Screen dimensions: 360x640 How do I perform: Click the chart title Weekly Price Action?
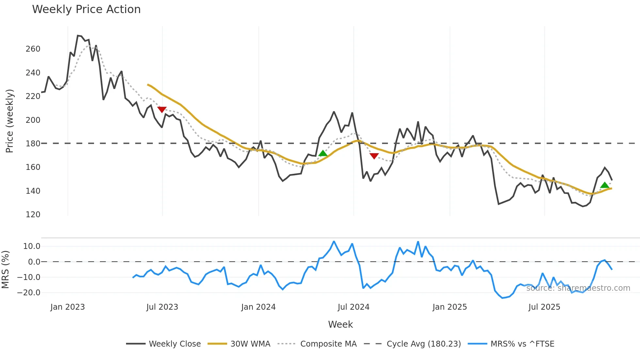(x=86, y=9)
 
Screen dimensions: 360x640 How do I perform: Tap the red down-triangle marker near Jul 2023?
(x=162, y=109)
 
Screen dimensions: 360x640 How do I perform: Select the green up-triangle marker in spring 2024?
(x=323, y=153)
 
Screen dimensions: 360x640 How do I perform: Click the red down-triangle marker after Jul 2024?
(x=374, y=156)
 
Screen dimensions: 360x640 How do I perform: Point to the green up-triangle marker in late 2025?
(x=605, y=185)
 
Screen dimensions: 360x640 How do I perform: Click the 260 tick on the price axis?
(x=33, y=49)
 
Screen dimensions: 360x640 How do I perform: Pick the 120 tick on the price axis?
(x=33, y=215)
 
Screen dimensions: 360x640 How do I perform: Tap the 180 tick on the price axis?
(x=33, y=144)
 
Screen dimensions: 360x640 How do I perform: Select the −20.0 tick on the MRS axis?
(x=29, y=293)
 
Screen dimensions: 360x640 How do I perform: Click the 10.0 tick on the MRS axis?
(x=32, y=246)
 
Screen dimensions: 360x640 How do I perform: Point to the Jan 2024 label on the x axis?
(x=258, y=307)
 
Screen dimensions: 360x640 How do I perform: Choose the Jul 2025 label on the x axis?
(x=544, y=307)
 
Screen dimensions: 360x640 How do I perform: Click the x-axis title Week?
(x=340, y=324)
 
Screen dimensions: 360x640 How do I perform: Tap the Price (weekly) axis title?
(x=9, y=121)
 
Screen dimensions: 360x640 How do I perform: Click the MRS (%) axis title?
(x=5, y=270)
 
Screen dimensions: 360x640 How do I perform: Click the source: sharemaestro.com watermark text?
(x=578, y=288)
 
